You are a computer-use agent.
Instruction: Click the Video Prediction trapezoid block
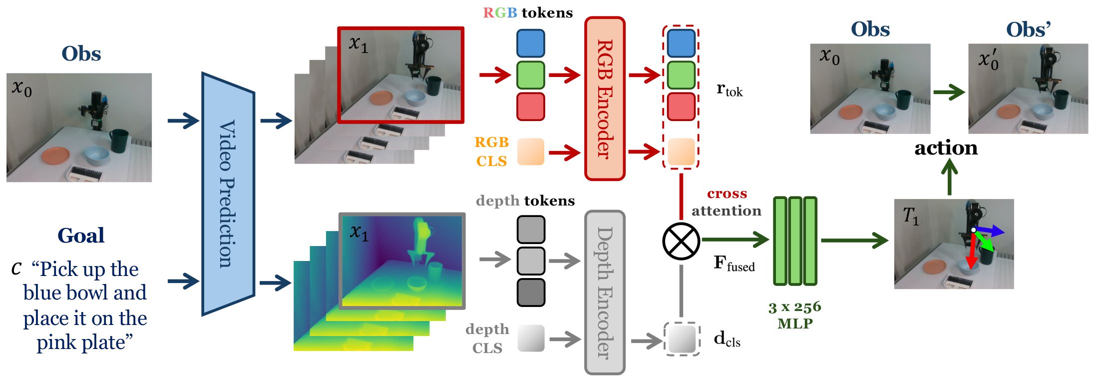(x=228, y=194)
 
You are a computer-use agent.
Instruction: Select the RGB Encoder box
(x=605, y=98)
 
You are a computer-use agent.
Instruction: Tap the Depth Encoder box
(x=605, y=292)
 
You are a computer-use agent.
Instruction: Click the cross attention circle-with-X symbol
(x=681, y=241)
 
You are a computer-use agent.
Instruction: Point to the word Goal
(x=81, y=235)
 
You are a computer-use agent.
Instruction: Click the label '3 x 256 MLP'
(x=795, y=315)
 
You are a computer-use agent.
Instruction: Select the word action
(x=946, y=148)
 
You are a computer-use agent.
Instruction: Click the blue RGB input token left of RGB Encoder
(x=530, y=43)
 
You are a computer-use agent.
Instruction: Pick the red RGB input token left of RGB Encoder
(x=530, y=106)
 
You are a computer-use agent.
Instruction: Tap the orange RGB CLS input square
(x=530, y=151)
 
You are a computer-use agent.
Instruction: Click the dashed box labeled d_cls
(x=682, y=339)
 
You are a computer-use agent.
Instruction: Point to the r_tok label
(x=730, y=90)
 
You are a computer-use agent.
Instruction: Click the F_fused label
(x=733, y=263)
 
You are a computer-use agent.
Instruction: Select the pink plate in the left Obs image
(x=55, y=155)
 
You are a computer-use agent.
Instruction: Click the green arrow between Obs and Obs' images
(x=949, y=92)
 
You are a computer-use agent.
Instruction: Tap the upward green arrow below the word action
(x=949, y=179)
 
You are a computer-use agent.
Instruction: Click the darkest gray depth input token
(x=530, y=292)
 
